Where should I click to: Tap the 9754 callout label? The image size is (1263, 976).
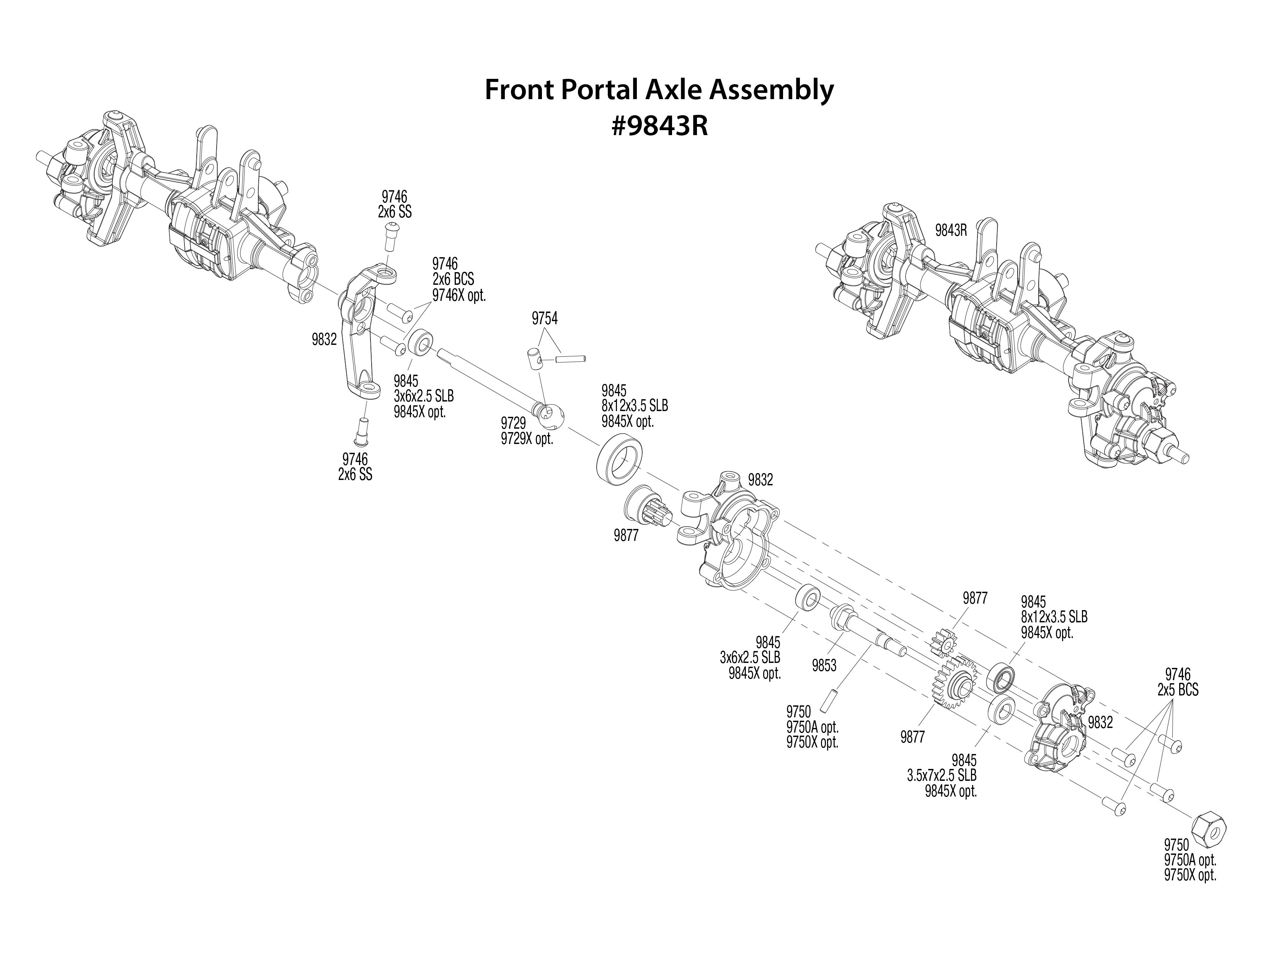(544, 318)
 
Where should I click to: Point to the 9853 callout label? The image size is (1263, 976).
(824, 666)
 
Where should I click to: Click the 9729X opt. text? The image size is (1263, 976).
(527, 439)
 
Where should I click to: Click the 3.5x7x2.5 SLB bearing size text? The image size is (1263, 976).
(942, 775)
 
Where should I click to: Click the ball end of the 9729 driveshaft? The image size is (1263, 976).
(549, 415)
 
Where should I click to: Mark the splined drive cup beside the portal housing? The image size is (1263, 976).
(646, 504)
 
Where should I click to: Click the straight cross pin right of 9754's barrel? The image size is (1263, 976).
(571, 359)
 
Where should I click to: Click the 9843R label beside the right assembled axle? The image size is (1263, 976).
(951, 230)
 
